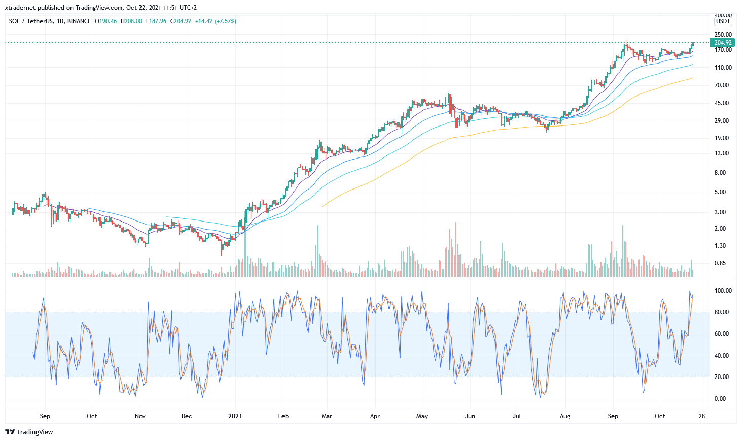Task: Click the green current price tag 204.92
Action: point(722,43)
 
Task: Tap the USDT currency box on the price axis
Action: point(723,21)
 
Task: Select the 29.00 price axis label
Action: point(722,121)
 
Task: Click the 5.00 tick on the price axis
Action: point(720,192)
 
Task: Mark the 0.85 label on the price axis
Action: point(720,263)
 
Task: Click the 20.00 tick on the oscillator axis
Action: point(722,377)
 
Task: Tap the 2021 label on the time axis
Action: point(235,416)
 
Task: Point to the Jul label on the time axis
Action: point(517,416)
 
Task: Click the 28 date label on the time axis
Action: point(702,416)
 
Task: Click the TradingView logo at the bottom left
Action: point(29,432)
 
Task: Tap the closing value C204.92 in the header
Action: point(181,21)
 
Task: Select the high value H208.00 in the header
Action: point(131,21)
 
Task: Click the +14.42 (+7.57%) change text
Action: point(216,21)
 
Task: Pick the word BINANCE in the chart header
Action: point(79,21)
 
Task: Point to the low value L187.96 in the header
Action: point(156,21)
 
